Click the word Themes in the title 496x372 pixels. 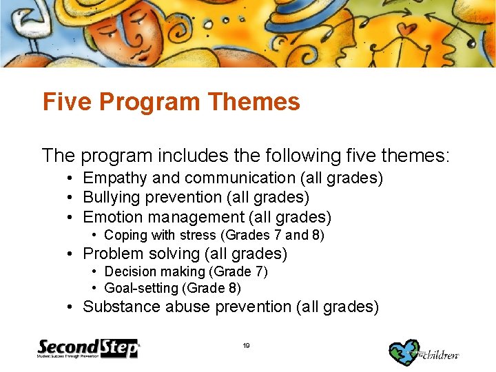253,102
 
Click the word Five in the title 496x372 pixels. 68,102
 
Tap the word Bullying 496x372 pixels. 110,198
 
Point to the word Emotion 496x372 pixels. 111,218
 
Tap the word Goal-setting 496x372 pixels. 140,289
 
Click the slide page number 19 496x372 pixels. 247,346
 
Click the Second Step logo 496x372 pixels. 88,349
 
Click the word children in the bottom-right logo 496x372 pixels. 441,355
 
